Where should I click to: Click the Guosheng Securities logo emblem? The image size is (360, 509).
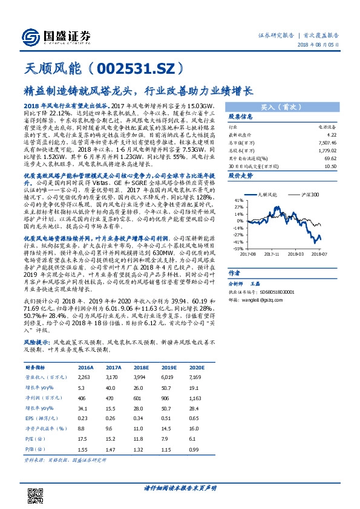pyautogui.click(x=30, y=35)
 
